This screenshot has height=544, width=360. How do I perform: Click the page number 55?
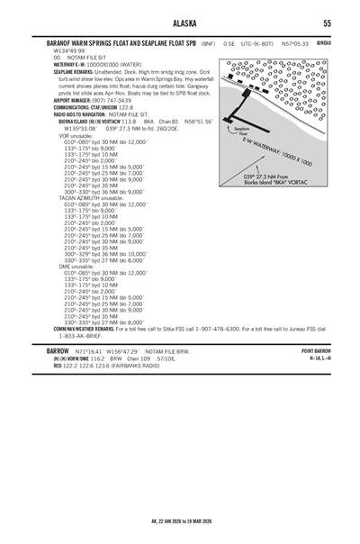327,23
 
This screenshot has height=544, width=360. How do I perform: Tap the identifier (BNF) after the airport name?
208,43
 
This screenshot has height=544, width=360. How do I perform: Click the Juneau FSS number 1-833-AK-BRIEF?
85,337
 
